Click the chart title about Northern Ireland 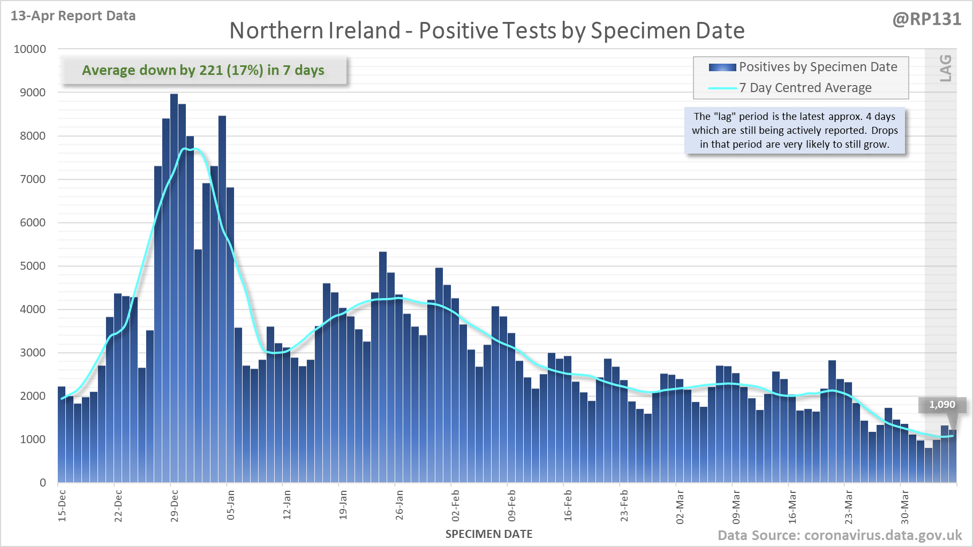pyautogui.click(x=487, y=31)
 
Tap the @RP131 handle pyautogui.click(x=926, y=19)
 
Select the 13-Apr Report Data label pyautogui.click(x=73, y=16)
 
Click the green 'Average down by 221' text pyautogui.click(x=203, y=70)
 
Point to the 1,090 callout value pyautogui.click(x=942, y=405)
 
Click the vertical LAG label pyautogui.click(x=946, y=68)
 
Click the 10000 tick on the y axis pyautogui.click(x=30, y=49)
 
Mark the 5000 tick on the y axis pyautogui.click(x=33, y=266)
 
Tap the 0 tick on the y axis pyautogui.click(x=43, y=483)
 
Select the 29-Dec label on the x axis pyautogui.click(x=175, y=506)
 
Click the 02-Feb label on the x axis pyautogui.click(x=456, y=506)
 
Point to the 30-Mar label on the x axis pyautogui.click(x=905, y=506)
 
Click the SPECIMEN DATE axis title pyautogui.click(x=489, y=534)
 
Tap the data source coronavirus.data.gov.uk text pyautogui.click(x=840, y=535)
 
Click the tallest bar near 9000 pyautogui.click(x=174, y=289)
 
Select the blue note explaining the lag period pyautogui.click(x=795, y=131)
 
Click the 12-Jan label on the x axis pyautogui.click(x=287, y=506)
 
